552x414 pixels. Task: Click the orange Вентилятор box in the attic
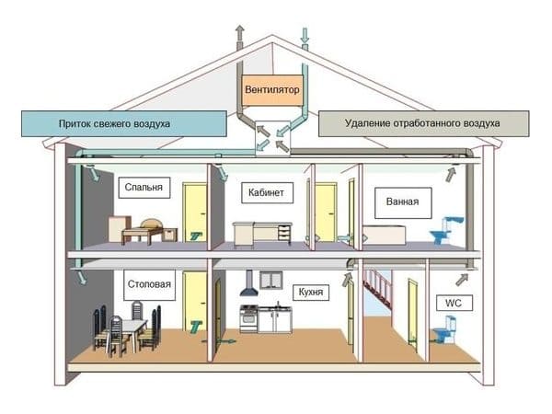tap(271, 90)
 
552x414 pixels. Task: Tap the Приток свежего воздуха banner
tap(124, 123)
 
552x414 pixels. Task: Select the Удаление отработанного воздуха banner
tap(423, 123)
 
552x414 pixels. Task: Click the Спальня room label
tap(144, 188)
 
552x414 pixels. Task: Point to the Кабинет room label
tap(267, 192)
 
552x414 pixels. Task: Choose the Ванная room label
tap(403, 202)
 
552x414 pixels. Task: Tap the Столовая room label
tap(149, 285)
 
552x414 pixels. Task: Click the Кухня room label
tap(311, 293)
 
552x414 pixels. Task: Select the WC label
tap(454, 303)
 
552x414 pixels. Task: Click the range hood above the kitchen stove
tap(249, 283)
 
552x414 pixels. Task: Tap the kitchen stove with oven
tap(249, 318)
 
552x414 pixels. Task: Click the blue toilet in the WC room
tap(444, 329)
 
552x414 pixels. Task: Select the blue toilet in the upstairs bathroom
tap(446, 230)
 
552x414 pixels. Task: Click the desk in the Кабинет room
tap(262, 233)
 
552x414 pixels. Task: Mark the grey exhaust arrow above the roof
tap(240, 33)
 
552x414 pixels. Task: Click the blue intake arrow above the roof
tap(305, 36)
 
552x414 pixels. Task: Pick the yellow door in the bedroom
tap(195, 213)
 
